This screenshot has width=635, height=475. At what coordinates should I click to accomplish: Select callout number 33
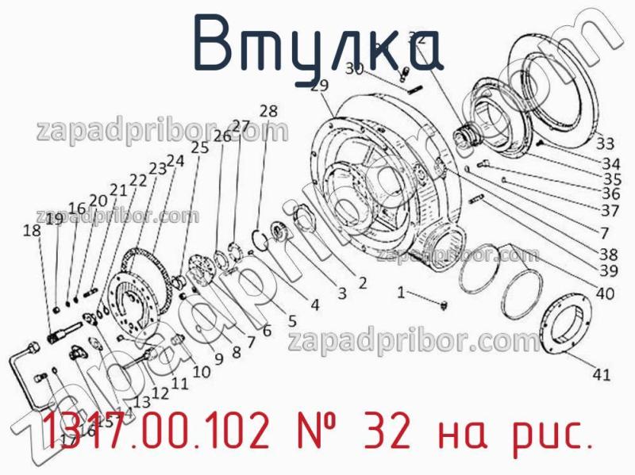pyautogui.click(x=605, y=144)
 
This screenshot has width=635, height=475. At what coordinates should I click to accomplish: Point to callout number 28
pyautogui.click(x=268, y=111)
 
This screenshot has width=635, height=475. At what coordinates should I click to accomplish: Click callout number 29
pyautogui.click(x=319, y=86)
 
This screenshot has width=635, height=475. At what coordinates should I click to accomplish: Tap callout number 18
pyautogui.click(x=31, y=231)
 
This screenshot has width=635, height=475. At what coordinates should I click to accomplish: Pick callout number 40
pyautogui.click(x=604, y=293)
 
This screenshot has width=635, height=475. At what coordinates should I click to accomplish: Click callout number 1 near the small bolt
pyautogui.click(x=401, y=293)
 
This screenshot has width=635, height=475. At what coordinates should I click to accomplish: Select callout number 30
pyautogui.click(x=354, y=69)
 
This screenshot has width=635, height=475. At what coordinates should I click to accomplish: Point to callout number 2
pyautogui.click(x=361, y=282)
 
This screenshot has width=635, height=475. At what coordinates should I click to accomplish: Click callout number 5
pyautogui.click(x=291, y=321)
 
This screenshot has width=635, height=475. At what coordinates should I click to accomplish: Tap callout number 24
pyautogui.click(x=175, y=160)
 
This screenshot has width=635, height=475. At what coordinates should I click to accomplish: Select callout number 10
pyautogui.click(x=201, y=370)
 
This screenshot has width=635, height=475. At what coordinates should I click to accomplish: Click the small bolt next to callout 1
pyautogui.click(x=442, y=303)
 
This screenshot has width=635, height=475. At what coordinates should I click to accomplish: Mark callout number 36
pyautogui.click(x=610, y=193)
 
